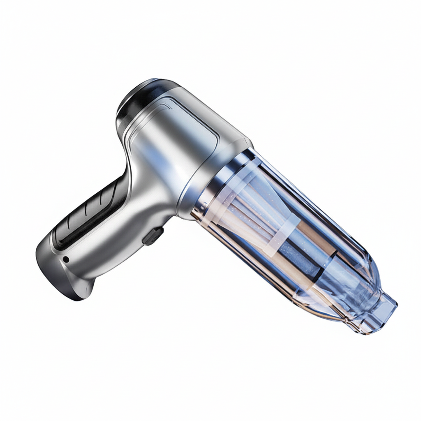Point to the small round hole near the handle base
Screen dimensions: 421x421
[65, 259]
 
